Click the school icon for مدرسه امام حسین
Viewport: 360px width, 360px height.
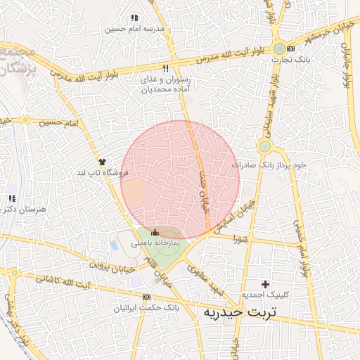134,18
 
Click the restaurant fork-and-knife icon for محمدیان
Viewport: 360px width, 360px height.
166,69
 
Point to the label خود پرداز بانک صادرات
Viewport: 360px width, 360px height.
271,164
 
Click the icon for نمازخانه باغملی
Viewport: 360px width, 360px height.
156,233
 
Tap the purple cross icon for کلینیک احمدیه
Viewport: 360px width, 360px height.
265,284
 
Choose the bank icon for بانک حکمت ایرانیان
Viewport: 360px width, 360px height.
146,297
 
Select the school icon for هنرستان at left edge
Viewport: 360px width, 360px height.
11,198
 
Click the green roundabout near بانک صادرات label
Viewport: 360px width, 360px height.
264,146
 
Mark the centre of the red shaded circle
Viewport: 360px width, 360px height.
180,180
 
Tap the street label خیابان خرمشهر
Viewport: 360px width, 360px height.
330,30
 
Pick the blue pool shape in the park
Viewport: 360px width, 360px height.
114,246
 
